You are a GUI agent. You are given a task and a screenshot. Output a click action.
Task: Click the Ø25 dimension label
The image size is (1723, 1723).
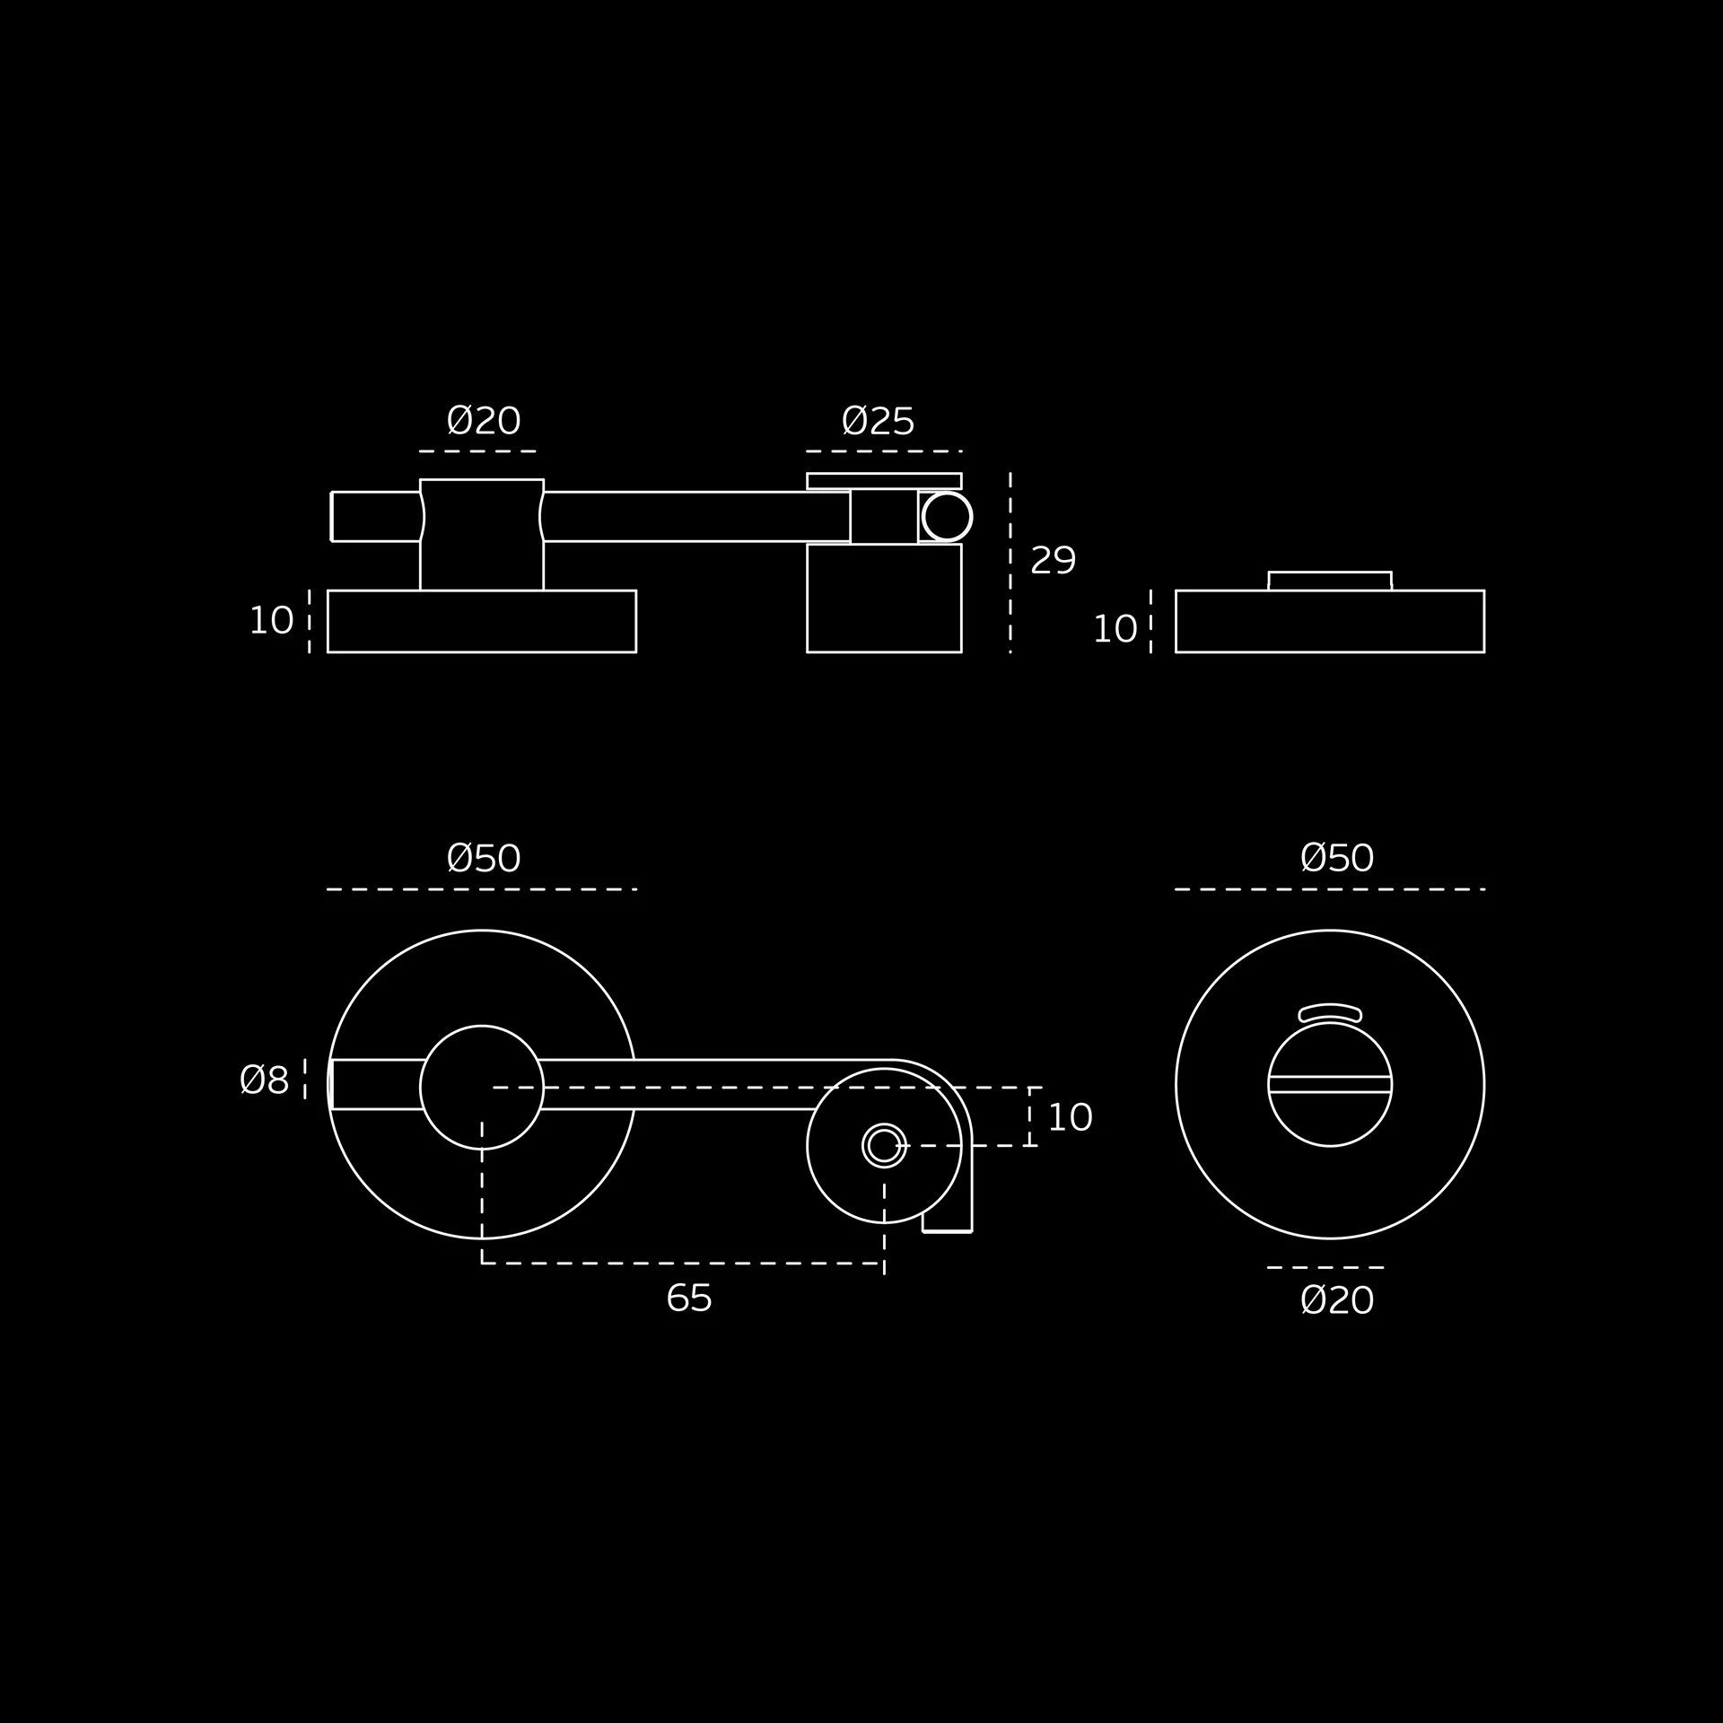point(878,421)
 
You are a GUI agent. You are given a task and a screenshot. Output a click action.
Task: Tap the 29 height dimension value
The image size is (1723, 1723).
point(1053,561)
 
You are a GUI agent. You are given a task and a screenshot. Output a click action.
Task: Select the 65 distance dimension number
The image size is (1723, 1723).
point(689,1299)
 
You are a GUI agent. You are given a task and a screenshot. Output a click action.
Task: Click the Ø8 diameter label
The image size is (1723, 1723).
point(265,1080)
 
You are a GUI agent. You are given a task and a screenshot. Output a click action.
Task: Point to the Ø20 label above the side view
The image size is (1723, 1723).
point(484,421)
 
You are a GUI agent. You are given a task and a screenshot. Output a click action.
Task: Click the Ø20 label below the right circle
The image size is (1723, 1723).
point(1337,1300)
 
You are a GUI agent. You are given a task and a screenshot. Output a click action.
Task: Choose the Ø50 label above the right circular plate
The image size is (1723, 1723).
point(1337,858)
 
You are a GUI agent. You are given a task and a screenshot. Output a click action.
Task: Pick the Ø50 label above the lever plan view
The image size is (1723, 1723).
point(484,859)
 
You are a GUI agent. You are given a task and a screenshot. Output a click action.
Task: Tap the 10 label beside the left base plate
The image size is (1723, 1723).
point(271,621)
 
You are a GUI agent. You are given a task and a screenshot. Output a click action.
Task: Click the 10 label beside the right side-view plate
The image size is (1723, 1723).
point(1115,630)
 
